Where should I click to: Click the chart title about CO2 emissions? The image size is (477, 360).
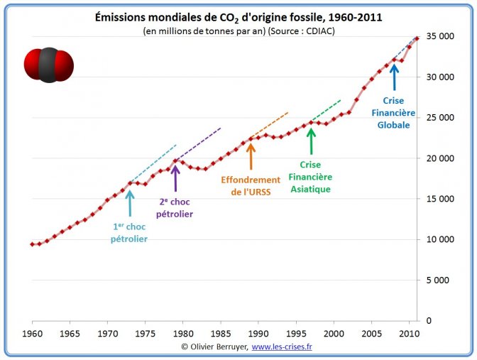click(x=238, y=17)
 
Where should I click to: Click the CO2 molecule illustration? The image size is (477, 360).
click(x=48, y=65)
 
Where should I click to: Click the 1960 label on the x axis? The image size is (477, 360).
click(x=33, y=332)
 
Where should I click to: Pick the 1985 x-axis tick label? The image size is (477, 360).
click(x=220, y=332)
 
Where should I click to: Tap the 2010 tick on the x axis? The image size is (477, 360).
click(x=408, y=332)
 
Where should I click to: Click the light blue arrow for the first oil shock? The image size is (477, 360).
click(x=129, y=203)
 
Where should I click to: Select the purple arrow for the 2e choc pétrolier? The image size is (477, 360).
click(x=175, y=178)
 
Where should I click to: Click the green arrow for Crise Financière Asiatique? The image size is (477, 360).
click(x=310, y=141)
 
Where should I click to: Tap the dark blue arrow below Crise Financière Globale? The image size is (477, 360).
click(x=394, y=77)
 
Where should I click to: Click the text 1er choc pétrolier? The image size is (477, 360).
click(x=129, y=233)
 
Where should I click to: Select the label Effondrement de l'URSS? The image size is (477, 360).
click(x=250, y=185)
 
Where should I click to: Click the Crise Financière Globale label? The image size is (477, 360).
click(x=394, y=113)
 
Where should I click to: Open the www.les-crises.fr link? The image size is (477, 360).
click(x=282, y=347)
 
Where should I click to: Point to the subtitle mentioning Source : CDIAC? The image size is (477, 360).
click(x=238, y=31)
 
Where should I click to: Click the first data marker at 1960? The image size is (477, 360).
click(x=33, y=244)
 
